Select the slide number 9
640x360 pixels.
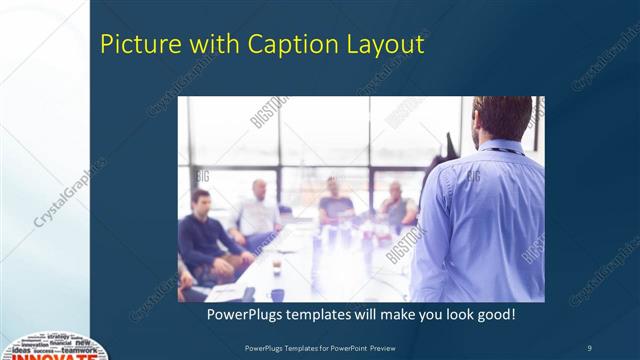coord(589,347)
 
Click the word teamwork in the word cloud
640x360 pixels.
coord(80,350)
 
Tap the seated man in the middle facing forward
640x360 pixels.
coord(336,205)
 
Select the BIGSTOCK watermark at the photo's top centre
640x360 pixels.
coord(269,112)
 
